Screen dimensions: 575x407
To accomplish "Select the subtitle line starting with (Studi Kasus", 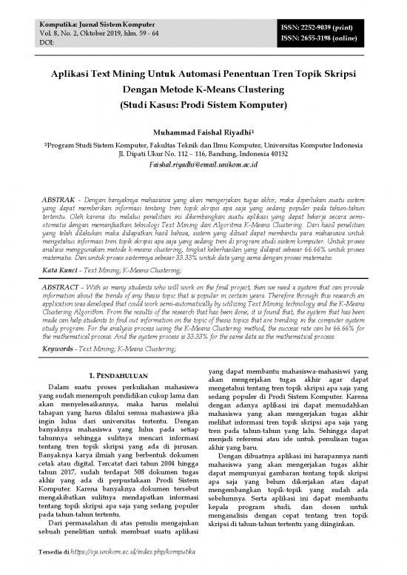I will (203, 106).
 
